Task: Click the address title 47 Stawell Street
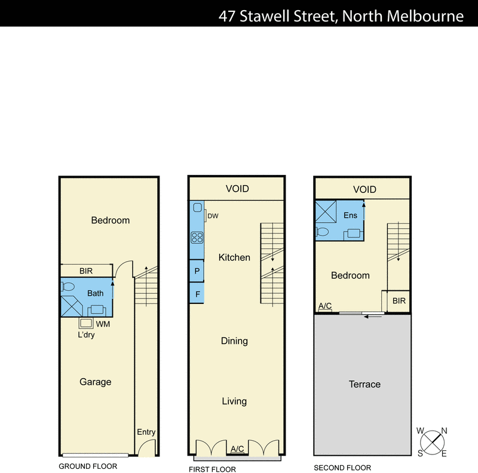coord(341,16)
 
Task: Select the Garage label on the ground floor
coord(95,382)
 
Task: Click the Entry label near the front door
coord(146,432)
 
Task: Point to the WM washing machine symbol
coord(86,323)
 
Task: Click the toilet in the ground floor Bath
coord(67,287)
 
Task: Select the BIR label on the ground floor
coord(86,271)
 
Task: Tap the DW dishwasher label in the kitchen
coord(212,216)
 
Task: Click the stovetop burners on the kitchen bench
coord(197,237)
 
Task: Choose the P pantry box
coord(197,271)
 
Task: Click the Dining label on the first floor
coord(234,341)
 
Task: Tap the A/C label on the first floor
coord(237,449)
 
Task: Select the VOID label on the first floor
coord(237,189)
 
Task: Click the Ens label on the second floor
coord(350,215)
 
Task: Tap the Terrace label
coord(364,384)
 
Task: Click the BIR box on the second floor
coord(399,301)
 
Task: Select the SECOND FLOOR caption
coord(342,468)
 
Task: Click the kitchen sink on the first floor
coord(197,211)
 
